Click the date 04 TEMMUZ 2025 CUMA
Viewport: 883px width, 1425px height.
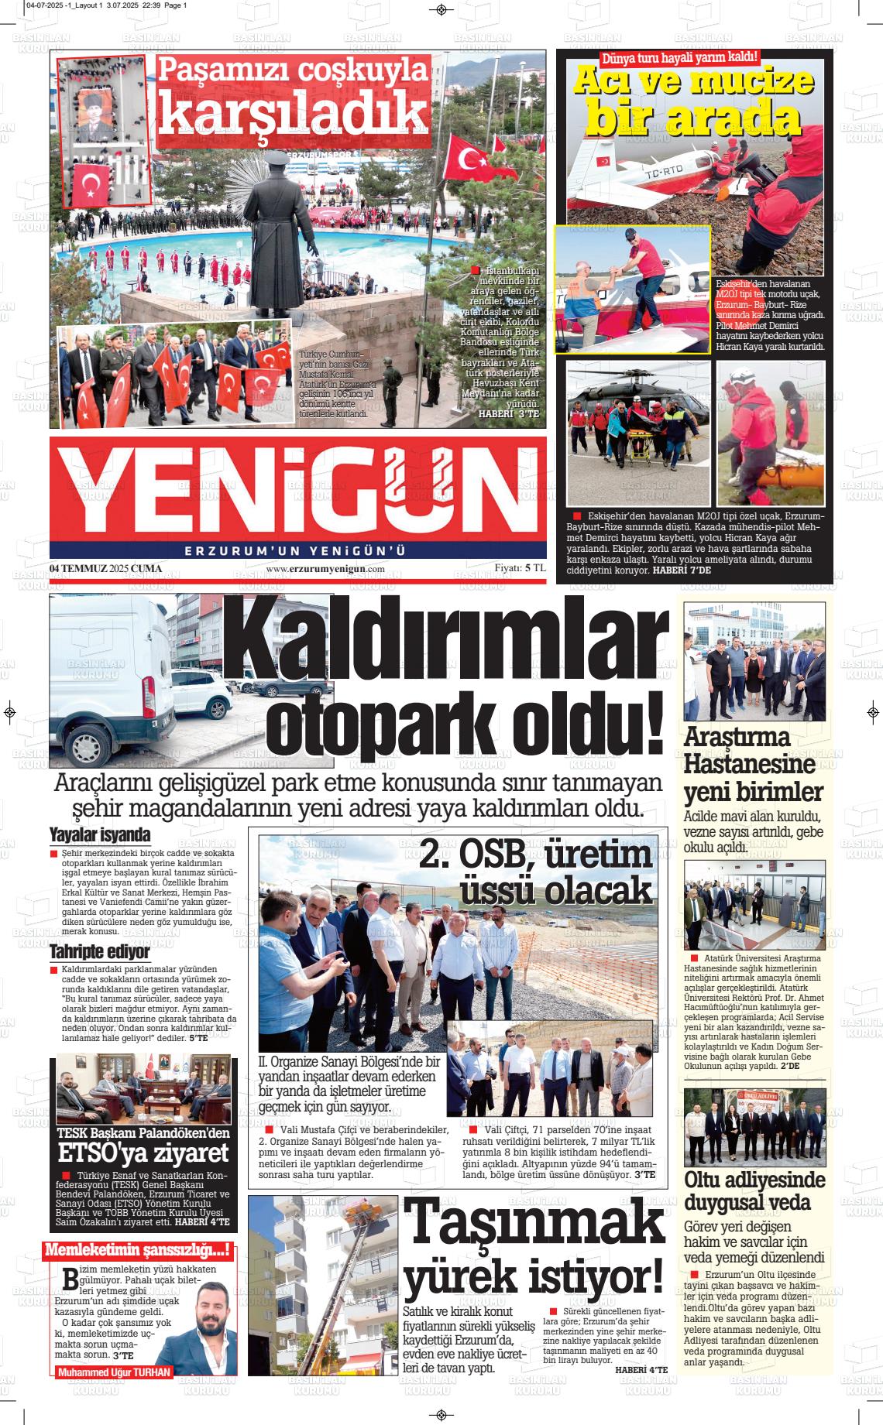coord(105,569)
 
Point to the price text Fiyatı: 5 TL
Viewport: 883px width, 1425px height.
coord(521,568)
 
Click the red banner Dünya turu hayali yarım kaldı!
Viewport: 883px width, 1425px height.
coord(679,57)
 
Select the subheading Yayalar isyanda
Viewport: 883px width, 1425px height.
coord(100,835)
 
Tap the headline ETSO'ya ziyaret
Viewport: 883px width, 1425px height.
coord(143,1153)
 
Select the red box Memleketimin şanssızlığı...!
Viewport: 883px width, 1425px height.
coord(138,1249)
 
